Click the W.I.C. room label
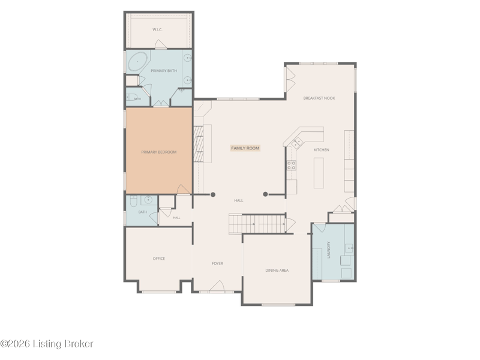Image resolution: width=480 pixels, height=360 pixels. (x=157, y=29)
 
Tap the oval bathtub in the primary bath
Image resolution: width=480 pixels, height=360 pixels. (x=137, y=62)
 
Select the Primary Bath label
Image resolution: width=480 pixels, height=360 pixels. (x=164, y=71)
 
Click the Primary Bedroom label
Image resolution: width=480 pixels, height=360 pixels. (x=159, y=152)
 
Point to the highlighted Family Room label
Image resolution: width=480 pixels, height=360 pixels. (x=245, y=148)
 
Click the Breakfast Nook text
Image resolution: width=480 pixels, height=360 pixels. (x=319, y=98)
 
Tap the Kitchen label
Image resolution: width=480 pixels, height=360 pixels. (x=322, y=150)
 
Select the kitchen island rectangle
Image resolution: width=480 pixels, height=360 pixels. (x=319, y=173)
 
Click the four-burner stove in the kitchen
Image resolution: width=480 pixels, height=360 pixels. (x=291, y=166)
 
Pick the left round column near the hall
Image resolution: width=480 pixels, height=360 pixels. (x=213, y=194)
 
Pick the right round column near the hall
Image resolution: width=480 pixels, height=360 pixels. (x=265, y=194)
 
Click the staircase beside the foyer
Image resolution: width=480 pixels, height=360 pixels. (x=257, y=224)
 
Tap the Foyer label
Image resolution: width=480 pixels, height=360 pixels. (x=217, y=263)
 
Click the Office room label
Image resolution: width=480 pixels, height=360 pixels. (x=159, y=259)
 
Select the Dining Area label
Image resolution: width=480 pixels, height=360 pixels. (x=277, y=271)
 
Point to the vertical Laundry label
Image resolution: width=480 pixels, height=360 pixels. (x=329, y=250)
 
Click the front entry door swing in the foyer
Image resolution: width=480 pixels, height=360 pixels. (x=217, y=286)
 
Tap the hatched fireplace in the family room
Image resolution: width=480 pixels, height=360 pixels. (x=199, y=144)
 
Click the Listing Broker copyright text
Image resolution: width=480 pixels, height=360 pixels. (x=47, y=344)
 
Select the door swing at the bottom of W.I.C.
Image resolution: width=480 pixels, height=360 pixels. (x=161, y=44)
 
